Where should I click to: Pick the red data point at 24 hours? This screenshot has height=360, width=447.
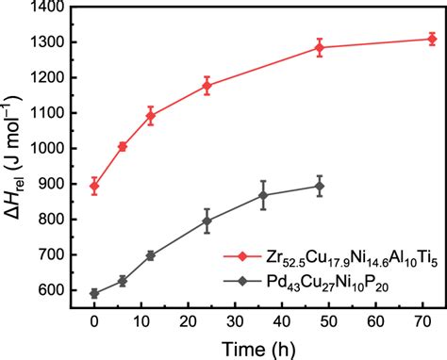[207, 86]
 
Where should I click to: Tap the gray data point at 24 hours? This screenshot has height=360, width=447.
[207, 221]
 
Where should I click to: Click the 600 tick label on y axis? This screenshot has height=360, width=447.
[61, 290]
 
